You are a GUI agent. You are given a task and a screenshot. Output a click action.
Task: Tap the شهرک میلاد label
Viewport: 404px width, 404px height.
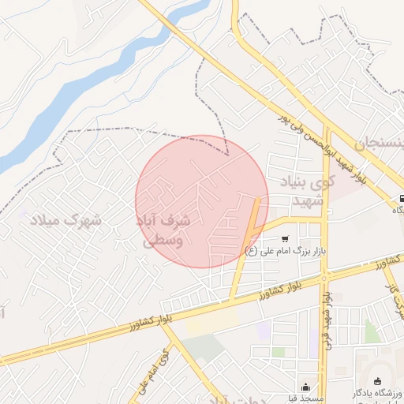[67, 219]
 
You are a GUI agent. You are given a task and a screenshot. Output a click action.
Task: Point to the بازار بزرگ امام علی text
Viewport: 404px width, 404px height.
[285, 252]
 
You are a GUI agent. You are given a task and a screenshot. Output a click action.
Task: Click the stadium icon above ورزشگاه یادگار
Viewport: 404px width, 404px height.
[377, 381]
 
